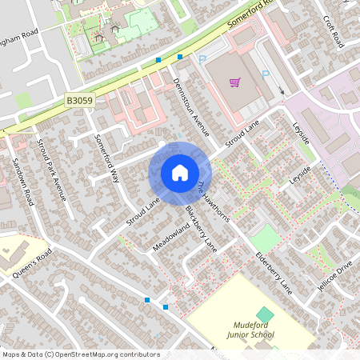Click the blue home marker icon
point(179,172)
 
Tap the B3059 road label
point(79,101)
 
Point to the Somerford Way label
point(106,158)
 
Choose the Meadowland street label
point(171,238)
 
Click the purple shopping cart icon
point(235,82)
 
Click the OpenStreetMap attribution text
point(70,354)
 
